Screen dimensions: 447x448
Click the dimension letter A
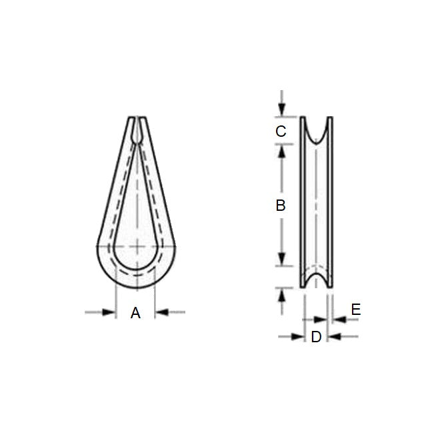point(135,312)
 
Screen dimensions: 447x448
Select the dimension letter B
point(281,205)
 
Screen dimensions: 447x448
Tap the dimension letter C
point(281,131)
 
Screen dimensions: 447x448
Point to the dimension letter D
point(316,337)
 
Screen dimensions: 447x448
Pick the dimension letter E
point(355,310)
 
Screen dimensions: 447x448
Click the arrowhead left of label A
point(110,312)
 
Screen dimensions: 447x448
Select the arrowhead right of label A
point(161,312)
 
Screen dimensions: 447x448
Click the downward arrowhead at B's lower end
point(282,260)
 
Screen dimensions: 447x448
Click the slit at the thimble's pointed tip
point(137,124)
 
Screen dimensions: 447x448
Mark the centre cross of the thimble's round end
point(137,247)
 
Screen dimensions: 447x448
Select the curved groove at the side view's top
point(317,131)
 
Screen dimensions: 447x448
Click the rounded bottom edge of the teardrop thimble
point(137,288)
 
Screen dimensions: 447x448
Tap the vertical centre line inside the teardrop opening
point(137,200)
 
